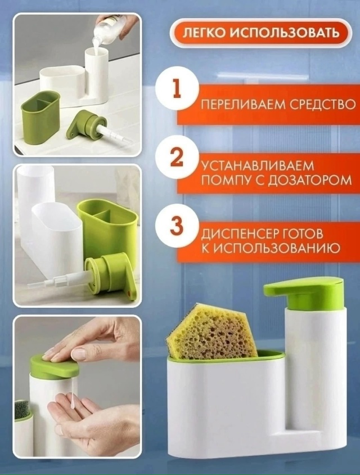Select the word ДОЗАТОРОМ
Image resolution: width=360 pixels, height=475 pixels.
coord(313,181)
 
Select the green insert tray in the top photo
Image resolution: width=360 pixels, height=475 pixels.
coord(40,116)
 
